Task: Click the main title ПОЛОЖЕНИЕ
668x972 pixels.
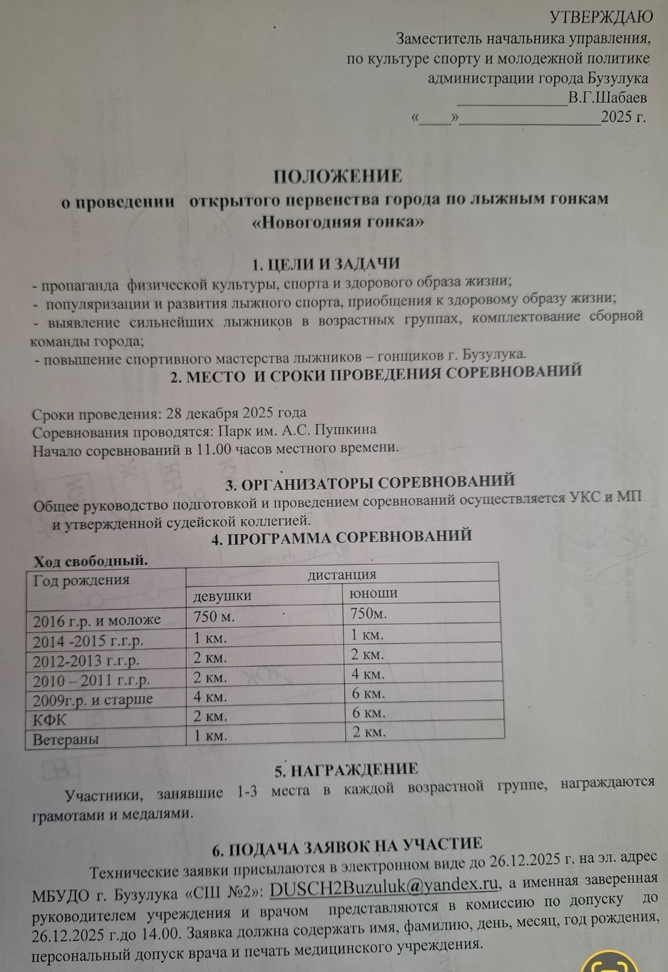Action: [339, 175]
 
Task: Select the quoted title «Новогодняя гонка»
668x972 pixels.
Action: [339, 222]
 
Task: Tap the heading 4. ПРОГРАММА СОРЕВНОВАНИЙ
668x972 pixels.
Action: [341, 537]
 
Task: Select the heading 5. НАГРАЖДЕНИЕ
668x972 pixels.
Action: [346, 769]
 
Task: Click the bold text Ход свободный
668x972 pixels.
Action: [90, 561]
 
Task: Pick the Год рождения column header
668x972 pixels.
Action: [81, 579]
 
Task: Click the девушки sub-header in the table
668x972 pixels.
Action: [222, 595]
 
